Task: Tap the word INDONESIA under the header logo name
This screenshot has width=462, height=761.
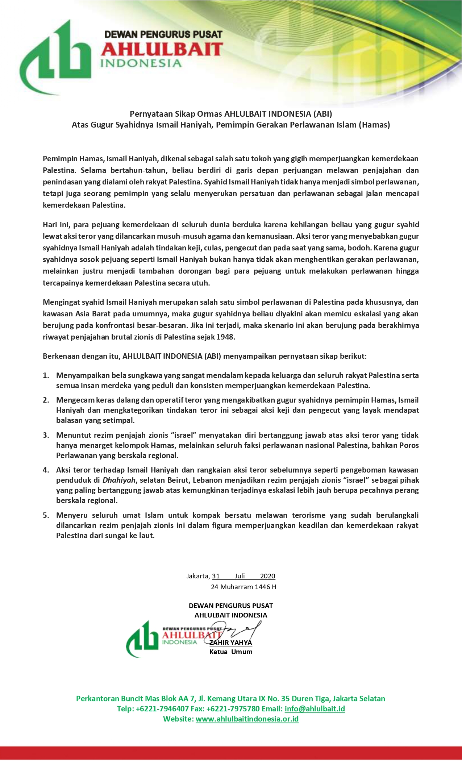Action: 141,63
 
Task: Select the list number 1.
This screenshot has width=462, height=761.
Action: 46,375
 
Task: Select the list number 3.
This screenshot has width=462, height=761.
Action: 46,435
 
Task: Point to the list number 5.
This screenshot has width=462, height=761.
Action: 46,515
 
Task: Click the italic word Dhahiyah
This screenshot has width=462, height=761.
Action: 119,480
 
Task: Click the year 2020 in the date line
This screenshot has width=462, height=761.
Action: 268,576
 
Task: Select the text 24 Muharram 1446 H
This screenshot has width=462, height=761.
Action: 244,587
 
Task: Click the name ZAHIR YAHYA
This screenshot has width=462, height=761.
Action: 231,643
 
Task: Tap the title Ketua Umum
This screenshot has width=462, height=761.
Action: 231,652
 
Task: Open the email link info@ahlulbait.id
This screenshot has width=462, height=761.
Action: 315,709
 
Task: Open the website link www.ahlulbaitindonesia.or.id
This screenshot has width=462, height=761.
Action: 247,719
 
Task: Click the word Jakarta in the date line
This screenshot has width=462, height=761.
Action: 197,576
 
